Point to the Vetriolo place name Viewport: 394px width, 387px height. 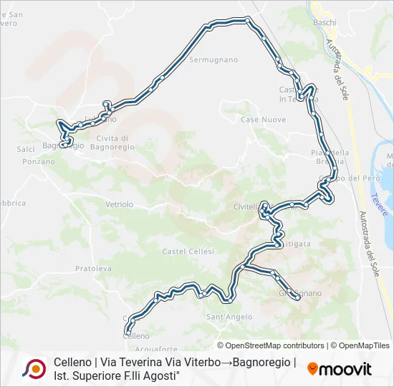point(120,204)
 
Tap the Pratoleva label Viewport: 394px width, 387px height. point(93,269)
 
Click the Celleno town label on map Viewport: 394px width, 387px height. point(137,335)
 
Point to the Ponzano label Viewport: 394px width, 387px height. point(39,162)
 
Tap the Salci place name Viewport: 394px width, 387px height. point(26,149)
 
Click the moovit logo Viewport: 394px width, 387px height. point(340,369)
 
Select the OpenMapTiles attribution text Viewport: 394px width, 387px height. point(363,345)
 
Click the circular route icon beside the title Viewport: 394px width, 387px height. point(34,368)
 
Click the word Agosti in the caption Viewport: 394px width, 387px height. point(158,376)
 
